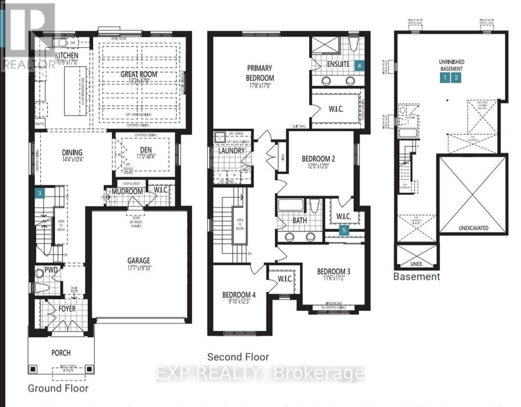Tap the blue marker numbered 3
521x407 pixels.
(x=41, y=193)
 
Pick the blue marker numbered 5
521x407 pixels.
(x=344, y=231)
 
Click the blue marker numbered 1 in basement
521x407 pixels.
(x=445, y=77)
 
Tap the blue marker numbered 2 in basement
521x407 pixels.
(x=456, y=77)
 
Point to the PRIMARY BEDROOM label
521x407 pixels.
(x=260, y=73)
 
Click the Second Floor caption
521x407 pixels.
(x=238, y=357)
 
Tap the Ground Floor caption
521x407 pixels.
(x=58, y=388)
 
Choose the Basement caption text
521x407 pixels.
(x=416, y=277)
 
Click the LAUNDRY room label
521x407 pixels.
(x=232, y=151)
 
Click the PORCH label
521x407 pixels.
(x=60, y=353)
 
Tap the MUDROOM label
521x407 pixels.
(x=127, y=191)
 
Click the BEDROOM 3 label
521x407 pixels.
(x=334, y=271)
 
